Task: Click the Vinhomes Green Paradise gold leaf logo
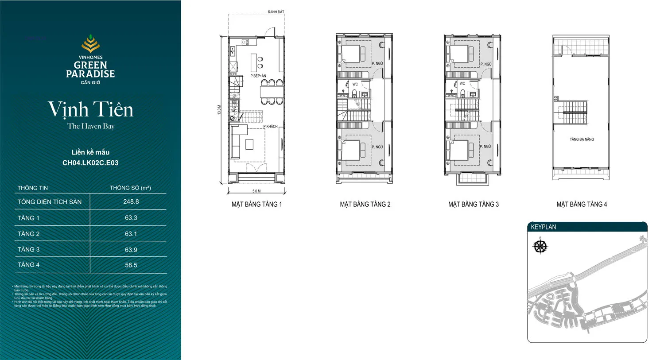pos(90,44)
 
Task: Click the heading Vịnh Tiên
pos(90,110)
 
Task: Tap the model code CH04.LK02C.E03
pos(90,163)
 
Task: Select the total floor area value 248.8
pos(131,201)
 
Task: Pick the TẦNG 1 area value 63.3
pos(131,218)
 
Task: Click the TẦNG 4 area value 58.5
pos(131,265)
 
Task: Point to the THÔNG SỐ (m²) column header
pos(130,188)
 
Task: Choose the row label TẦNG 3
pos(28,250)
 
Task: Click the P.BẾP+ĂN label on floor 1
pos(258,76)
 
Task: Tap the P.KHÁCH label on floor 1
pos(270,127)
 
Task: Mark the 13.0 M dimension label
pos(219,110)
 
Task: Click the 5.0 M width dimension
pos(256,191)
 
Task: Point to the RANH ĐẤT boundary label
pos(276,12)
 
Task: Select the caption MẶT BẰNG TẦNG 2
pos(365,205)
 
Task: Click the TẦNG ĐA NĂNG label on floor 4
pos(582,139)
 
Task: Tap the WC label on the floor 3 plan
pos(462,83)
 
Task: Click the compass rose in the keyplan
pos(540,246)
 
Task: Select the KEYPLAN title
pos(544,227)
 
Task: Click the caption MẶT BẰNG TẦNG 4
pos(582,205)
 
